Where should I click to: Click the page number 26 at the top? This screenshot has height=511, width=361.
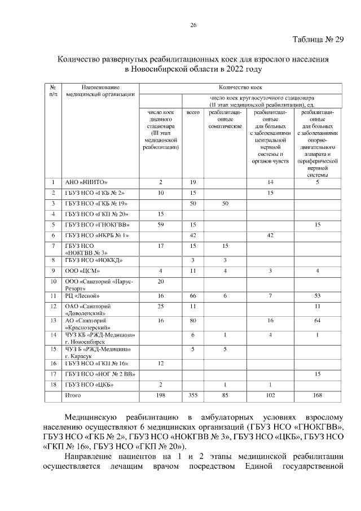click(193, 25)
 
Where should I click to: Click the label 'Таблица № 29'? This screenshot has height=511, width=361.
click(318, 40)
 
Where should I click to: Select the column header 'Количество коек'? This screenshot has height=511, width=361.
click(241, 88)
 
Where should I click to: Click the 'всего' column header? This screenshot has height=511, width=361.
click(193, 113)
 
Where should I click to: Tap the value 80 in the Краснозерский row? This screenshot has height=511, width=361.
click(193, 320)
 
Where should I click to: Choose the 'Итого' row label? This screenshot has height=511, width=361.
click(73, 396)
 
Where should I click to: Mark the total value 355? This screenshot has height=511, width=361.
click(193, 396)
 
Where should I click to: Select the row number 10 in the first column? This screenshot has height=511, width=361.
click(52, 281)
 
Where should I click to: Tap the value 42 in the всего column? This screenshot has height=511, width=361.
click(193, 235)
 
